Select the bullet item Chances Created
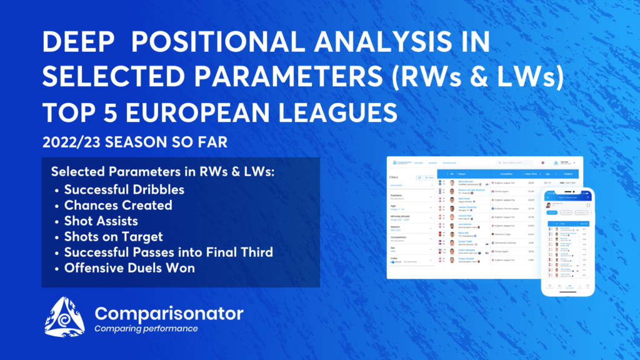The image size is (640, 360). tap(118, 205)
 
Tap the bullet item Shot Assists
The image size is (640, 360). tap(101, 221)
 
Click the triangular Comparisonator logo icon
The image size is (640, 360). tap(64, 317)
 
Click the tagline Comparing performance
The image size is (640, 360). tap(146, 329)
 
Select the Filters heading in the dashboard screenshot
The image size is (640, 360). tap(394, 177)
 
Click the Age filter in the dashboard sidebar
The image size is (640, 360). tap(393, 206)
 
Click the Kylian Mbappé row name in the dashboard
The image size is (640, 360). tap(467, 250)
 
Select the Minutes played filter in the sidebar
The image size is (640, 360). tap(400, 216)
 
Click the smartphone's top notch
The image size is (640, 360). tap(567, 191)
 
